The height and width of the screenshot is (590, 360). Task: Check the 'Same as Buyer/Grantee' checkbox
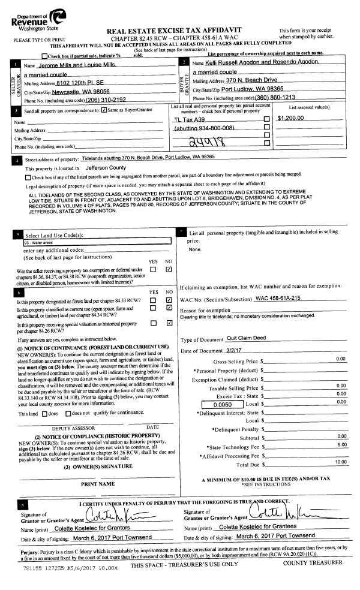click(x=104, y=110)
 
